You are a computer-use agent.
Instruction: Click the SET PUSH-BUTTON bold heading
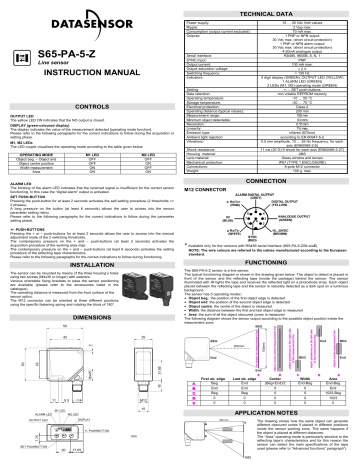27,198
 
